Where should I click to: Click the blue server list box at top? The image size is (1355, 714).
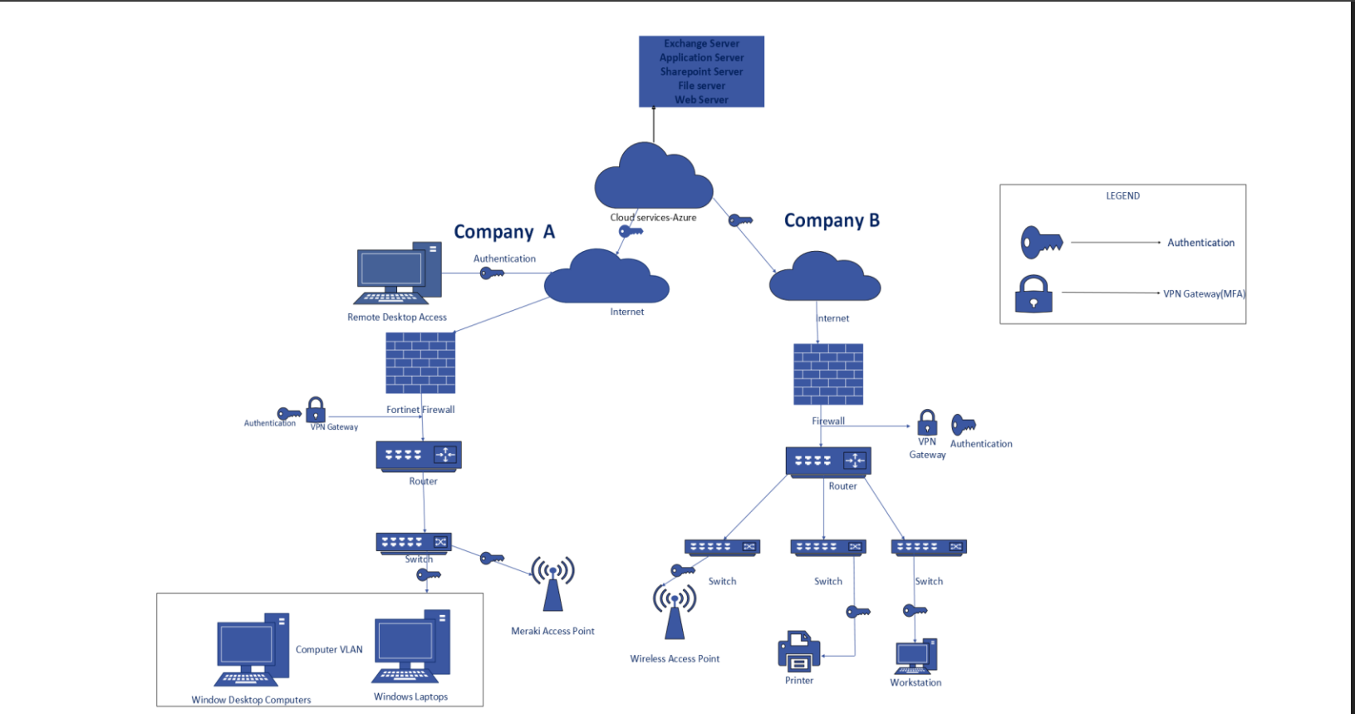pos(701,71)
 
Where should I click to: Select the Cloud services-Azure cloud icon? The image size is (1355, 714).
pos(654,177)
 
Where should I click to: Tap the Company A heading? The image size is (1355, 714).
pos(503,232)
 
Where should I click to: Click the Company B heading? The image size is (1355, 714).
pos(832,220)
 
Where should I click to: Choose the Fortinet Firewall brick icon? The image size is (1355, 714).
pos(420,363)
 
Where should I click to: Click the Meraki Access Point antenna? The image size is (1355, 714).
pos(553,584)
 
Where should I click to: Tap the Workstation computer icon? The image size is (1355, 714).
pos(916,657)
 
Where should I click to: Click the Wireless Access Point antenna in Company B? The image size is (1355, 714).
pos(675,611)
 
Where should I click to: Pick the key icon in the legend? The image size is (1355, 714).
pos(1041,242)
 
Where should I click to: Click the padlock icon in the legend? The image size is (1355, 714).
pos(1033,294)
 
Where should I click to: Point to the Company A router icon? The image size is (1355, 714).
pos(419,456)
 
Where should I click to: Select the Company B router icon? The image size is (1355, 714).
pos(828,461)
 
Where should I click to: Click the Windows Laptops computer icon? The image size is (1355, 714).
pos(412,647)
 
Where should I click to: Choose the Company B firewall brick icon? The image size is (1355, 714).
pos(828,374)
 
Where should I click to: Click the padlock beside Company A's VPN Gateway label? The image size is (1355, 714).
pos(316,410)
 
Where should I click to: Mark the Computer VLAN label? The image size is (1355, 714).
pos(329,650)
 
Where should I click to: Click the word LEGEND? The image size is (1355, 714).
pos(1122,196)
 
